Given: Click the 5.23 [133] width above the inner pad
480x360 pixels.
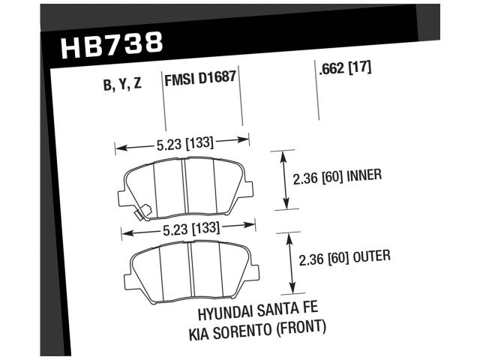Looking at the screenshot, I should click(181, 140).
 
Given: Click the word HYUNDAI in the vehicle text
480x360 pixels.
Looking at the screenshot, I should click(228, 312).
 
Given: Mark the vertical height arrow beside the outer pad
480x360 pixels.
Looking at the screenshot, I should click(290, 263).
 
